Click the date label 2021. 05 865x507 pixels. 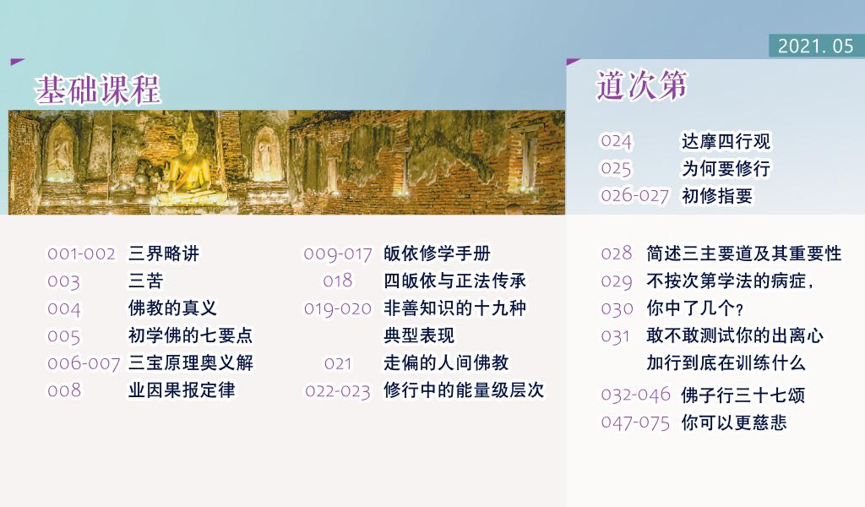click(815, 46)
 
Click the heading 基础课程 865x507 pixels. click(98, 90)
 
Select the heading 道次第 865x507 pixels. click(642, 85)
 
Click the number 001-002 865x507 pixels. click(82, 253)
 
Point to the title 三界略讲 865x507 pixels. click(164, 253)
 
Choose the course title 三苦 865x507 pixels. click(145, 281)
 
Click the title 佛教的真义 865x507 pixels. click(172, 308)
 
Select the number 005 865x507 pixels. click(64, 336)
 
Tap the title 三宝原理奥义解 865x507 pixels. click(191, 363)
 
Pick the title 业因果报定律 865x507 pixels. click(182, 390)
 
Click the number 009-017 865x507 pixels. click(338, 253)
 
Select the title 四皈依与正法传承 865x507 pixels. click(455, 281)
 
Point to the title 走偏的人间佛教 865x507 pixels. click(446, 363)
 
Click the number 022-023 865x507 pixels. click(338, 391)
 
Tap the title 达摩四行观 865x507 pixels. click(726, 142)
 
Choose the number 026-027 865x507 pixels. click(635, 196)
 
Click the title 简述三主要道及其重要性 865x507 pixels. click(744, 253)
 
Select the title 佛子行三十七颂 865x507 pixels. click(743, 395)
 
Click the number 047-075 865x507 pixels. click(635, 423)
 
